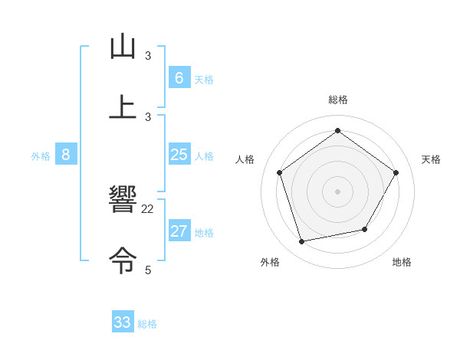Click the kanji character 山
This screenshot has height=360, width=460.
[x=123, y=47]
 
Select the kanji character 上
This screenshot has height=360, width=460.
[x=123, y=106]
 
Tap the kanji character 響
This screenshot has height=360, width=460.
[x=123, y=200]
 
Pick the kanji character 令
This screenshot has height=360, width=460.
[x=123, y=260]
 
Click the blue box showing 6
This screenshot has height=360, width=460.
[x=179, y=77]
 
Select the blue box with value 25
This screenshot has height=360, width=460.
[x=179, y=155]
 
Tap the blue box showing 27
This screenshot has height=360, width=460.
[x=179, y=231]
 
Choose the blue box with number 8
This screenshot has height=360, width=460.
[x=66, y=155]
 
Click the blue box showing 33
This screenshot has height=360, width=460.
[x=123, y=322]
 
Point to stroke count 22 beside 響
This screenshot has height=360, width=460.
[x=148, y=209]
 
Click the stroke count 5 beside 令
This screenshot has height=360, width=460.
[x=148, y=270]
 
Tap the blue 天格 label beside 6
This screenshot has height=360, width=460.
[x=204, y=80]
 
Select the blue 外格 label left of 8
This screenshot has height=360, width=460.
[x=41, y=156]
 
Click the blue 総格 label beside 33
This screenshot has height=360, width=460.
[x=147, y=324]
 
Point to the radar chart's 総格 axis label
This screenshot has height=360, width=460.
[x=338, y=100]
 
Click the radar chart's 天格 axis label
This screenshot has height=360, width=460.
[x=431, y=159]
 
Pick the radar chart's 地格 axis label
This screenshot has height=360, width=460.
[x=402, y=262]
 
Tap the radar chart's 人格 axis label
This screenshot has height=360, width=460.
[x=245, y=159]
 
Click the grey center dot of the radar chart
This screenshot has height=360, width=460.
[x=338, y=191]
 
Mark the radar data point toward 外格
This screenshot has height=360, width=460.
[x=302, y=241]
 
